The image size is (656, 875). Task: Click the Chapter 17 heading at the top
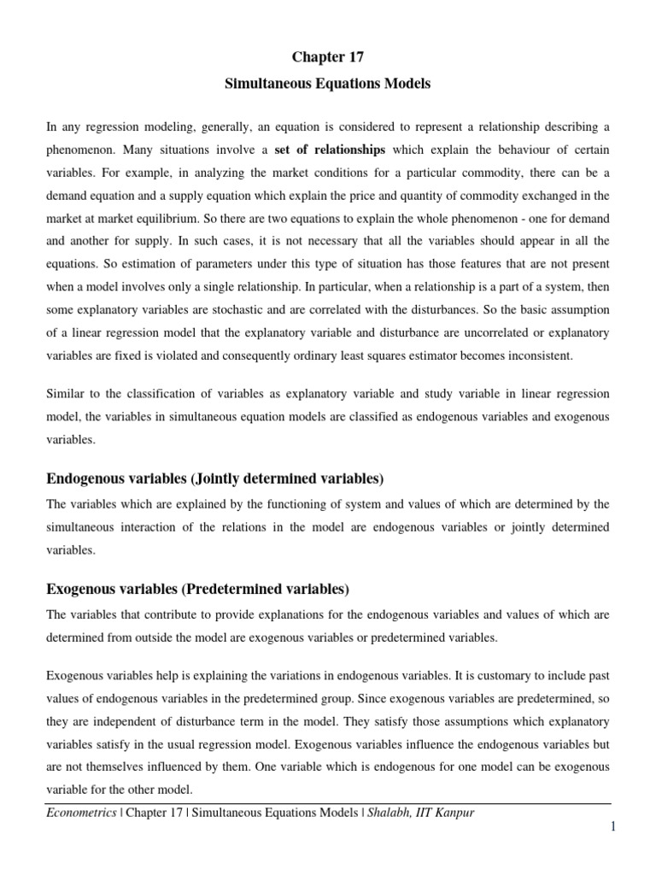(x=328, y=57)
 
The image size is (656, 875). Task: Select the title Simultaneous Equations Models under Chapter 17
(x=328, y=84)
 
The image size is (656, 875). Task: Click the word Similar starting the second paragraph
(x=66, y=394)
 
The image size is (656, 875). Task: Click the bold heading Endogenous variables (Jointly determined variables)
(x=214, y=478)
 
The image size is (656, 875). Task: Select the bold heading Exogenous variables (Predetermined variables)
(x=197, y=589)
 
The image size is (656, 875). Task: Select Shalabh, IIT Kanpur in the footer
(x=419, y=813)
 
